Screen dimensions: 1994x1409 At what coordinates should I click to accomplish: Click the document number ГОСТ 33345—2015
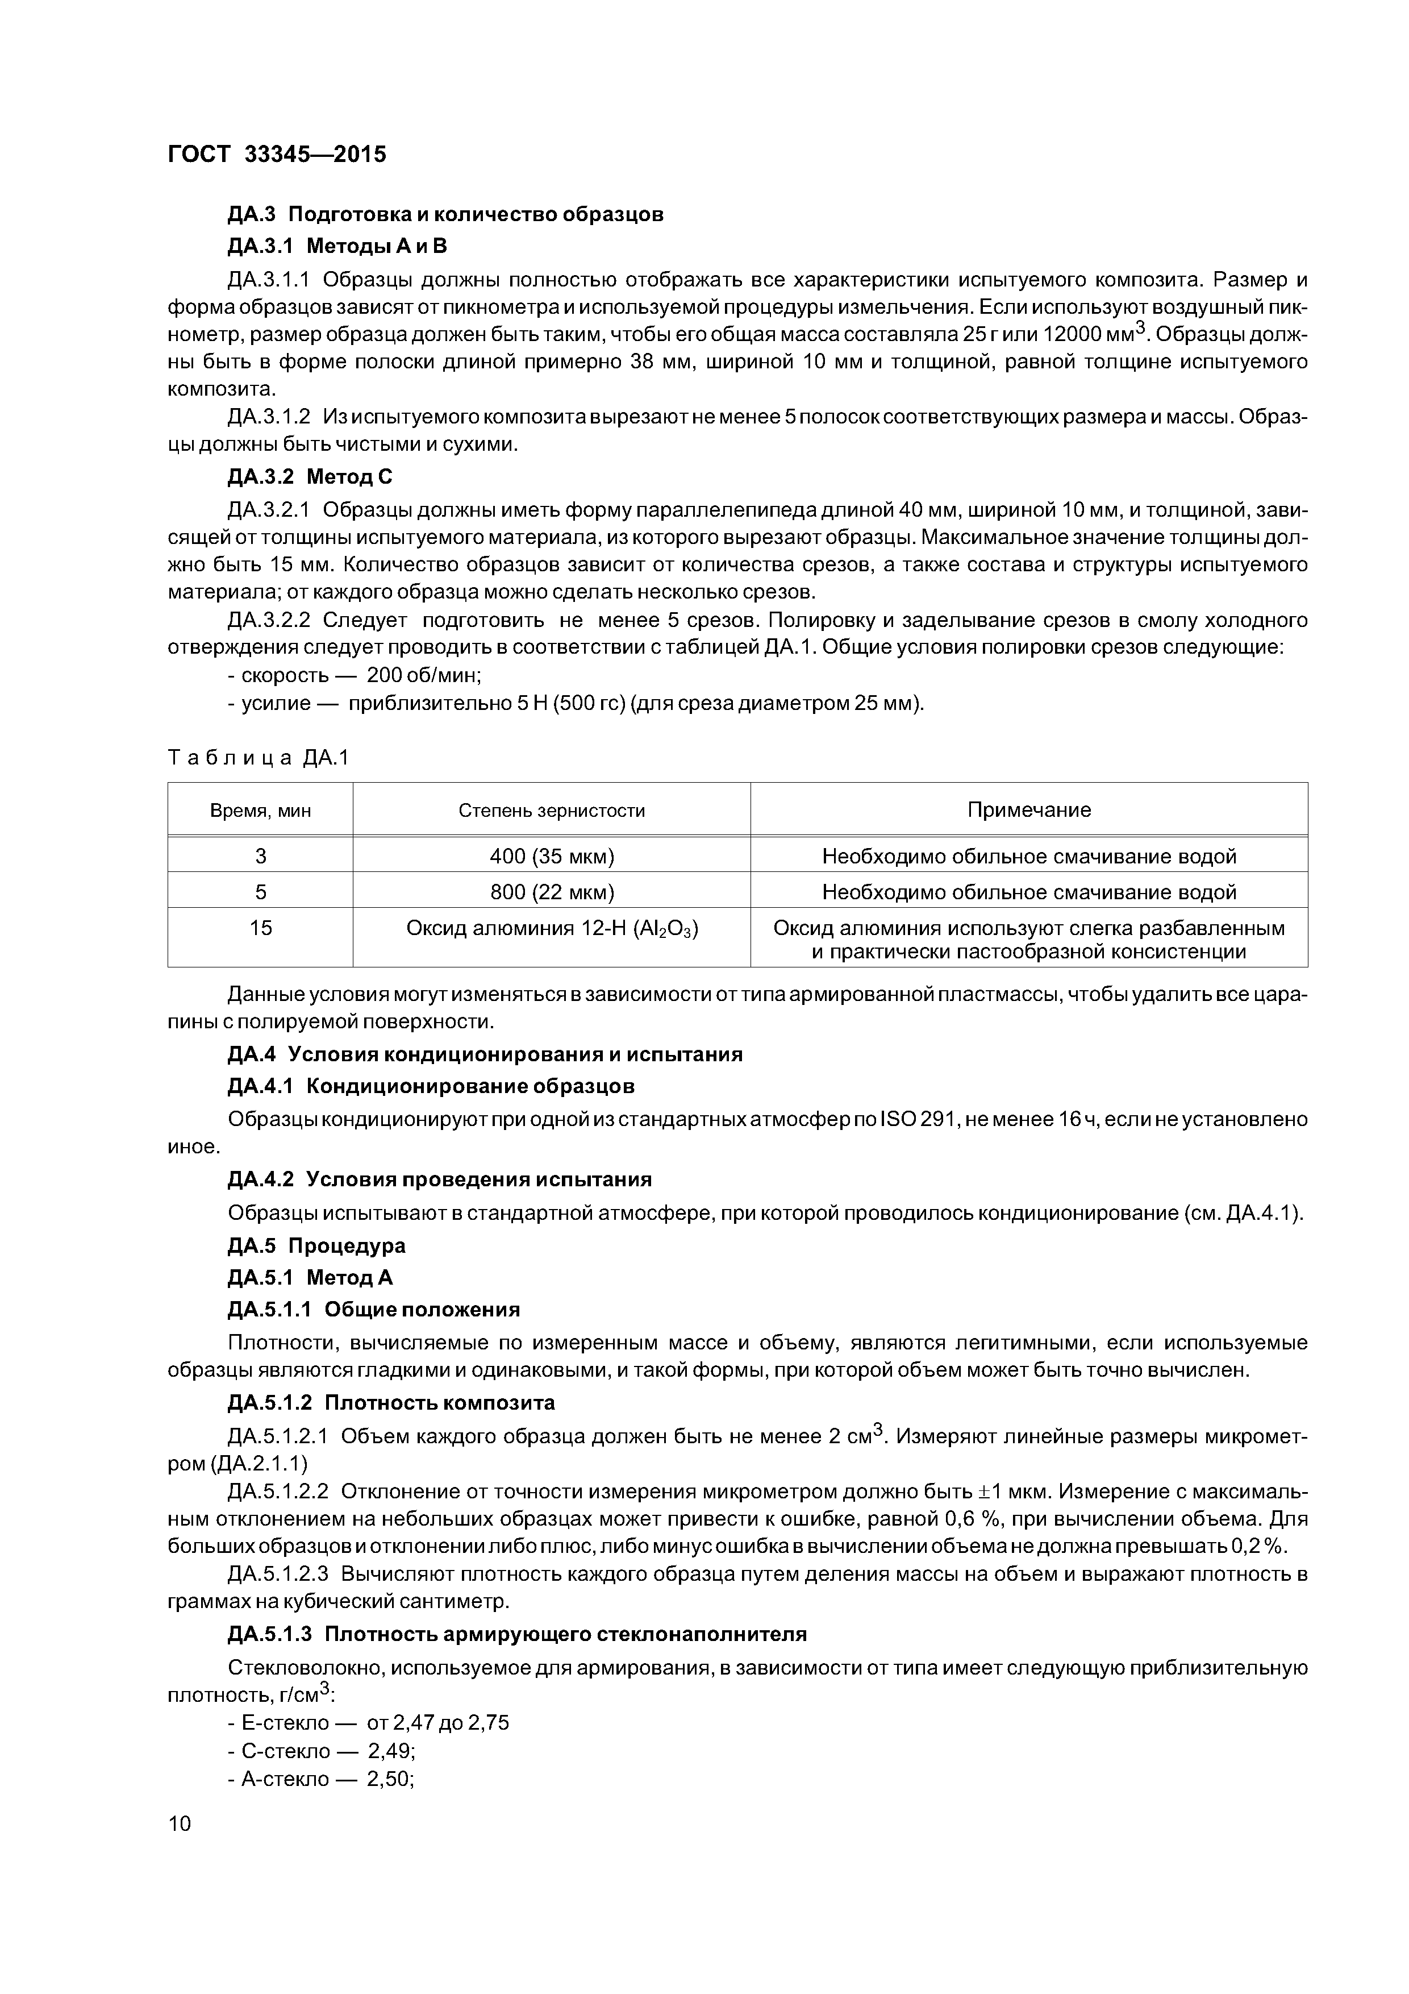pos(276,155)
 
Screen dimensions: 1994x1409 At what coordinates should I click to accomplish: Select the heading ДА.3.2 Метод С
pos(310,477)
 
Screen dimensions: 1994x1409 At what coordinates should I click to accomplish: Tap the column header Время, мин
pos(260,811)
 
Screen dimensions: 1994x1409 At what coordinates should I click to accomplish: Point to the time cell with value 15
pos(260,928)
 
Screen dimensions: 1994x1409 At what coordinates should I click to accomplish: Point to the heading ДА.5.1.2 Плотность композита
pos(391,1403)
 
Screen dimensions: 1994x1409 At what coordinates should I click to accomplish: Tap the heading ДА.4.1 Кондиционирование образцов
pos(431,1086)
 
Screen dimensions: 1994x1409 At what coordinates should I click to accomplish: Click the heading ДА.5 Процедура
pos(316,1245)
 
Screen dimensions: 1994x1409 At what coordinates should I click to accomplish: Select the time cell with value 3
pos(260,856)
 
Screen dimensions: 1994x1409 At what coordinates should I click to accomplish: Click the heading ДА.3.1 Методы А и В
pos(337,247)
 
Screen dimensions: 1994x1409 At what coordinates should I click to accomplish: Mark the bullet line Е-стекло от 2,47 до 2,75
pos(368,1722)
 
